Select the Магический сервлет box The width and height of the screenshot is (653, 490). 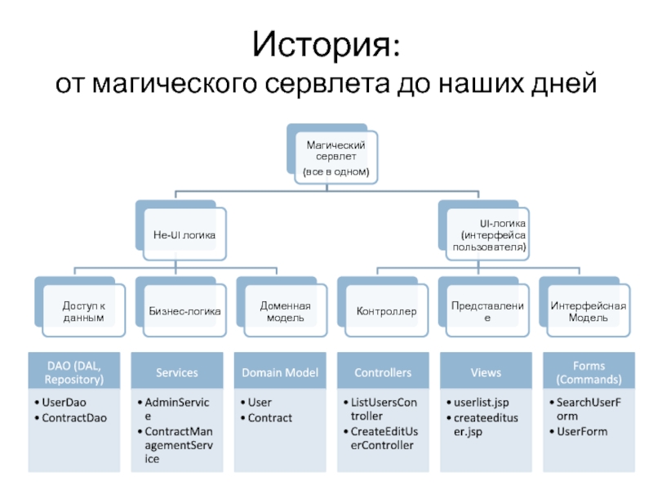(x=335, y=158)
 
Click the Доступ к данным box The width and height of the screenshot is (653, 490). (x=83, y=311)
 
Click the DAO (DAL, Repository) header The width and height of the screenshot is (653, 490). (x=75, y=372)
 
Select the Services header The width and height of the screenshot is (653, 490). (x=177, y=372)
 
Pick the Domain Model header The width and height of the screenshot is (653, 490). (x=279, y=372)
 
